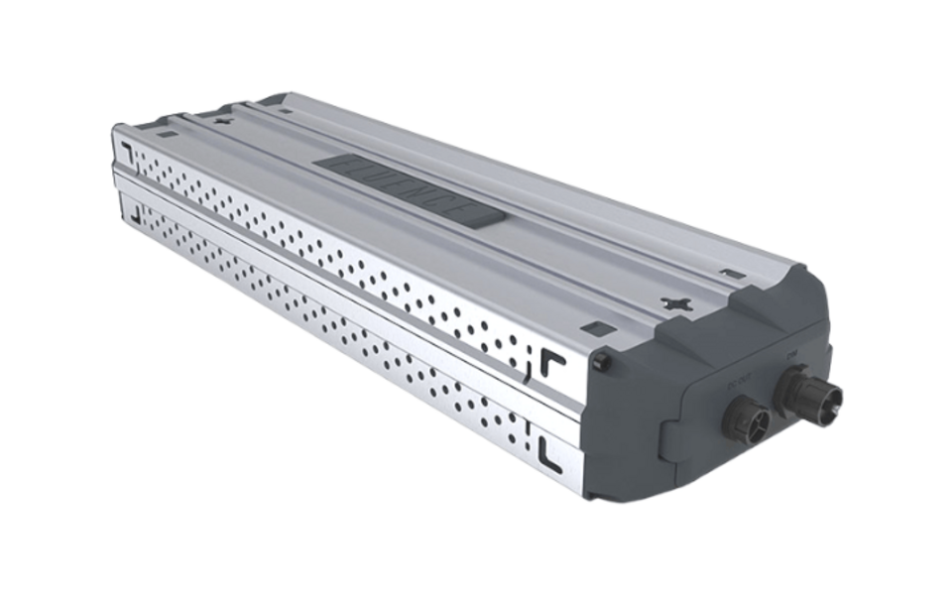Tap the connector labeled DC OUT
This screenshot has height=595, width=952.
click(x=746, y=420)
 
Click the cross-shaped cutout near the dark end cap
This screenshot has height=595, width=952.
click(x=676, y=298)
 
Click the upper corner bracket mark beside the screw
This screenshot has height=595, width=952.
click(x=552, y=363)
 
